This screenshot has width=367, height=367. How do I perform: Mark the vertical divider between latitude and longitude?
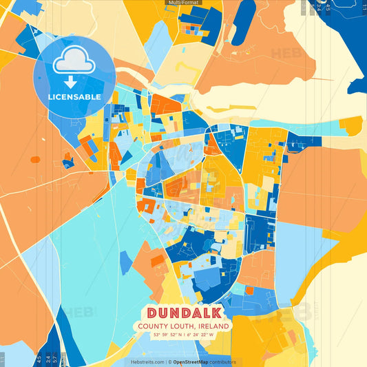(184, 335)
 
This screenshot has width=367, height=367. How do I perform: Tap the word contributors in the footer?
(222, 361)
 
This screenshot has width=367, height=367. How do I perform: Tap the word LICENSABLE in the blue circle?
(74, 97)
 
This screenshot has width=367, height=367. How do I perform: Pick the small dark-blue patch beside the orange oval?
(67, 163)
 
